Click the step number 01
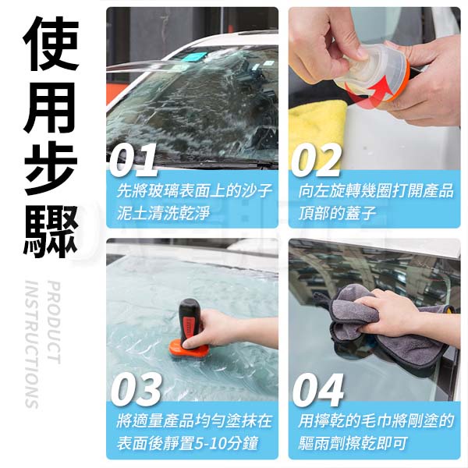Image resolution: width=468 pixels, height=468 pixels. click(x=133, y=160)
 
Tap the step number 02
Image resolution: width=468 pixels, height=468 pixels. click(x=316, y=160)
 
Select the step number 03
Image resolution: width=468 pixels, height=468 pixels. click(x=136, y=389)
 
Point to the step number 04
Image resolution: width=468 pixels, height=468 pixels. click(x=318, y=389)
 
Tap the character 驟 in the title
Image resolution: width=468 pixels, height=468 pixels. click(x=51, y=231)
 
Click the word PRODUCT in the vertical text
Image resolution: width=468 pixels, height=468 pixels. click(x=55, y=322)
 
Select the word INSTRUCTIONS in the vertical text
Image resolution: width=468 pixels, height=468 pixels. click(x=32, y=344)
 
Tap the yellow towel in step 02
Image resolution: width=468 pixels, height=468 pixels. click(x=317, y=131)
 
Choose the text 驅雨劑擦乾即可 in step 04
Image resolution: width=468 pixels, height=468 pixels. click(x=353, y=444)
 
